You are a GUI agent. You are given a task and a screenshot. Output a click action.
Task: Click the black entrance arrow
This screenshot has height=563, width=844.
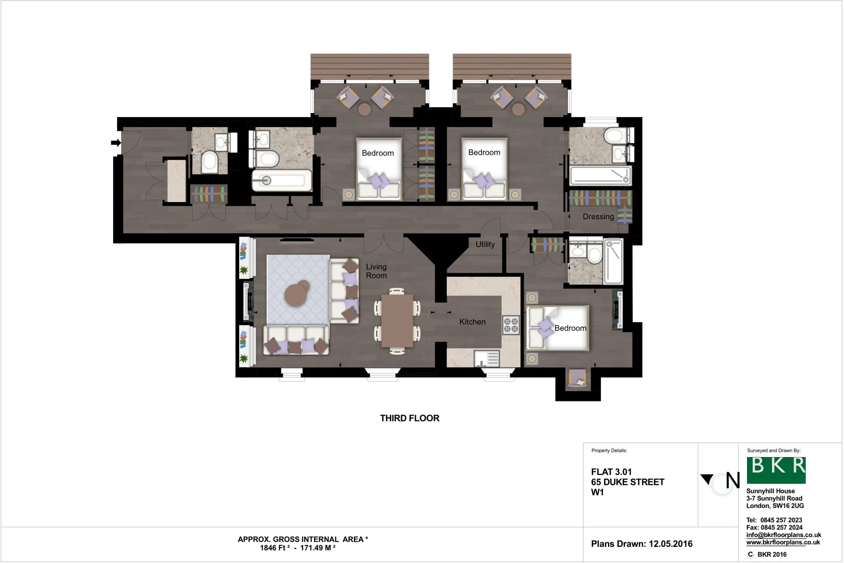(116, 143)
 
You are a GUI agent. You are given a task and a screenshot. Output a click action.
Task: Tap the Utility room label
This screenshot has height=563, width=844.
(485, 245)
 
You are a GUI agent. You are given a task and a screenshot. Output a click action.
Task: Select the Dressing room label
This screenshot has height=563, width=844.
(598, 217)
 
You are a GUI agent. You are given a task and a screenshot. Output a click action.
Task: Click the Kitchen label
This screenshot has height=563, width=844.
(472, 322)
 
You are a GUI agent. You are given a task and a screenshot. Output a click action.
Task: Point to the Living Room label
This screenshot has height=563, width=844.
(376, 271)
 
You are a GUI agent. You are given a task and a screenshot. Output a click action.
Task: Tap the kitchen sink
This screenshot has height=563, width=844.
(487, 359)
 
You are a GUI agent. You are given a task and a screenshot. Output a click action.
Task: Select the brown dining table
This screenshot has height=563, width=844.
(397, 321)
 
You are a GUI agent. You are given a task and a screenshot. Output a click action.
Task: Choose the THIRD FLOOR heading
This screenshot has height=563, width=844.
(410, 418)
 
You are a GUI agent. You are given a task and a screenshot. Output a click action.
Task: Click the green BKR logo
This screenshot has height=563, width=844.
(776, 470)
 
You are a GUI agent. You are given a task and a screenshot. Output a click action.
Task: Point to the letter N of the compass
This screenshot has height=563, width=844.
(733, 480)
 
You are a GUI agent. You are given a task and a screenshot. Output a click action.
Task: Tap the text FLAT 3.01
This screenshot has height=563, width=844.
(612, 472)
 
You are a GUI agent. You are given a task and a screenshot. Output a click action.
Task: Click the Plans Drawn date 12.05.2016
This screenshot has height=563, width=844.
(671, 544)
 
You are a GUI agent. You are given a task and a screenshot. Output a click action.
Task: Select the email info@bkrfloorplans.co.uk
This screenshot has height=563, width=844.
(784, 535)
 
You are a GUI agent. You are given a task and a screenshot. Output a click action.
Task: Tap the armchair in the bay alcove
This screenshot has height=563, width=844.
(577, 379)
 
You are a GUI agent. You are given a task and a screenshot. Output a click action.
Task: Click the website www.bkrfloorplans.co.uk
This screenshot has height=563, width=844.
(783, 542)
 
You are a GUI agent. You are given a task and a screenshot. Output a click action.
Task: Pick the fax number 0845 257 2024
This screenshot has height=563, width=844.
(781, 527)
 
